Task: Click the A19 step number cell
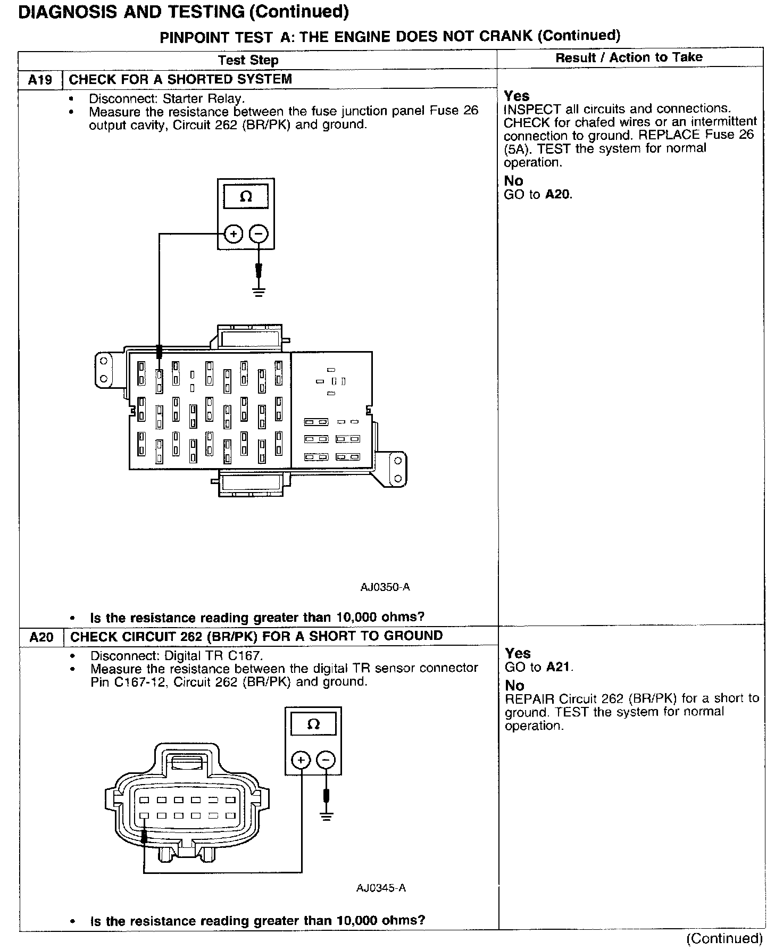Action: tap(40, 80)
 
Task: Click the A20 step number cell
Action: tap(41, 637)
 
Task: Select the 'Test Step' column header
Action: tap(248, 60)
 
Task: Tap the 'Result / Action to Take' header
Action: tap(629, 57)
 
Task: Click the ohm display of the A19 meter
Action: tap(246, 197)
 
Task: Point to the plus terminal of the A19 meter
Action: tap(233, 234)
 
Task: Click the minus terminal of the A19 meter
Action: tap(259, 234)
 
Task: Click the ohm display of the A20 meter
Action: tap(313, 724)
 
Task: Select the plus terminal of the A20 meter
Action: tap(301, 760)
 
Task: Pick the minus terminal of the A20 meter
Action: tap(326, 760)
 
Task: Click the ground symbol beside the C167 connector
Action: tap(327, 816)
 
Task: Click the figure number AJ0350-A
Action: tap(385, 587)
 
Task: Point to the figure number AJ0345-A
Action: tap(381, 888)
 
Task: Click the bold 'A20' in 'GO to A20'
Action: tap(559, 195)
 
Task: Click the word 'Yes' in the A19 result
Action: tap(517, 96)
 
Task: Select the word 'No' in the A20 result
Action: tap(514, 685)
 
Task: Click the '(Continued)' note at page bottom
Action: tap(724, 938)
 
